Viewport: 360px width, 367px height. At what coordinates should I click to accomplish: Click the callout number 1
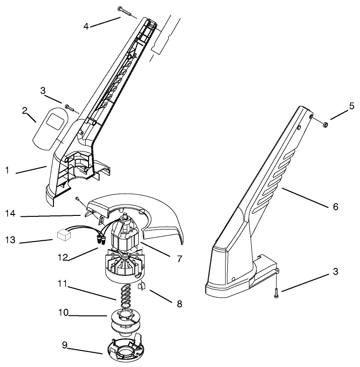(x=7, y=171)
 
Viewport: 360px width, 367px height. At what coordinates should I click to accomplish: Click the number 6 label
(x=335, y=206)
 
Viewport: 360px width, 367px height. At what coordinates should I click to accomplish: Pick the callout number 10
(x=62, y=312)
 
